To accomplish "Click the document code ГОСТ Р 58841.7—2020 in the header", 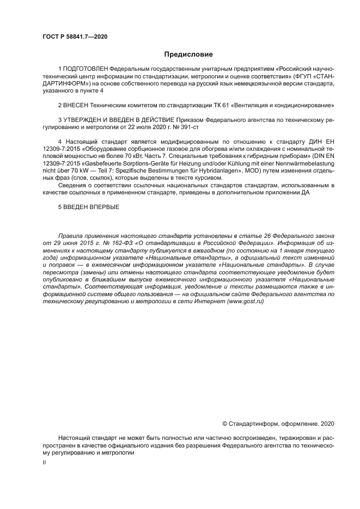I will coord(75,36).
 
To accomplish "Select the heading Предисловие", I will coord(188,54).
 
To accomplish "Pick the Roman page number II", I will coord(44,462).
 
